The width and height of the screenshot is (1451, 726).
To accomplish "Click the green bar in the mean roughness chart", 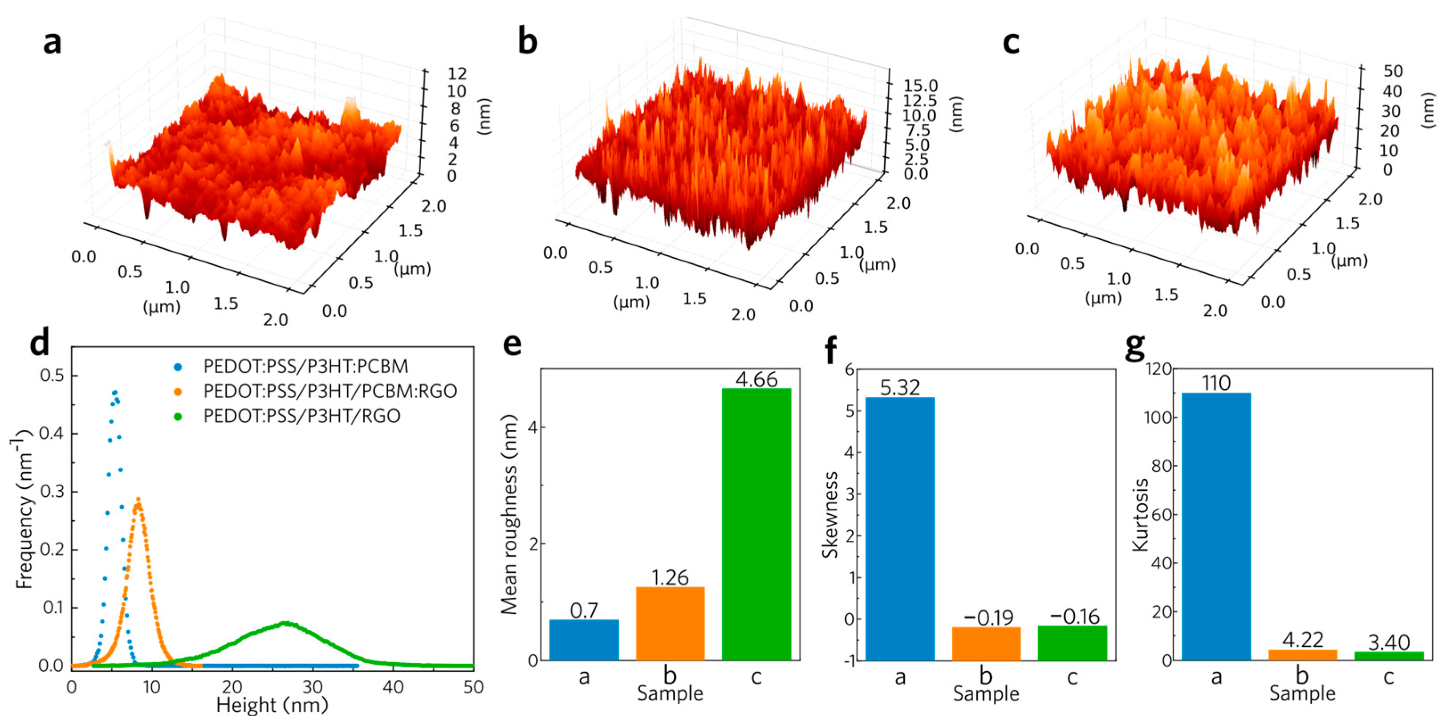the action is (756, 524).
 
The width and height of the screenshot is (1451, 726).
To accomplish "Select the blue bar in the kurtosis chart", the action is (1216, 526).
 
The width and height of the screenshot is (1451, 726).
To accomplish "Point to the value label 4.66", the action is (756, 379).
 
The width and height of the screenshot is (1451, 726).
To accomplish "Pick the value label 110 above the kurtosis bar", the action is (1216, 383).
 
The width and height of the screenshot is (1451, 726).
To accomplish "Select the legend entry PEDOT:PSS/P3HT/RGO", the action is (302, 416).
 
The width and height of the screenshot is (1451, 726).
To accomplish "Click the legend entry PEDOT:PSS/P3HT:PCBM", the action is (305, 367).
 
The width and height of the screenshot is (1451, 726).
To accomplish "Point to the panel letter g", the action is (1135, 348).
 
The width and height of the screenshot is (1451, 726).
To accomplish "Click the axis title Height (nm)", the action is (272, 705).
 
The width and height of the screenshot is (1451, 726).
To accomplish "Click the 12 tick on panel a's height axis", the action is (457, 73).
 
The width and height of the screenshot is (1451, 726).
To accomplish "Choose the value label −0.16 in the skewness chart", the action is (1074, 616).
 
